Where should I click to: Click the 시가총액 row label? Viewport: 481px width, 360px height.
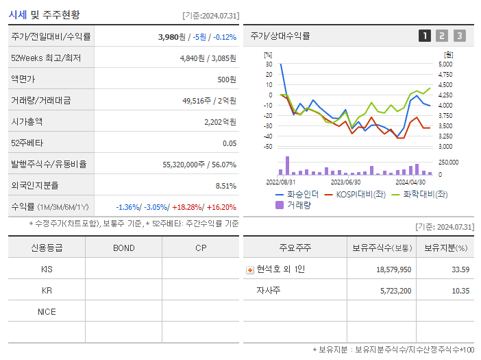coord(27,121)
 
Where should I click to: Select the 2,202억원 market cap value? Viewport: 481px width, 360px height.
coord(220,122)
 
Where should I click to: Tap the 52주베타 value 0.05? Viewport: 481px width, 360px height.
coord(229,143)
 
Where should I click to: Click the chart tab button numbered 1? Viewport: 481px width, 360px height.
coord(425,36)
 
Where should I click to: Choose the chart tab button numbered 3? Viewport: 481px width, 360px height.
coord(459,36)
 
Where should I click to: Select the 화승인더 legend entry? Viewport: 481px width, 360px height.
coord(297,195)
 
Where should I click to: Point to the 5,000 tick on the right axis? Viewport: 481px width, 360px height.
coord(445,64)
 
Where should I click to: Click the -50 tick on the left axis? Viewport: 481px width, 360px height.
coord(268,146)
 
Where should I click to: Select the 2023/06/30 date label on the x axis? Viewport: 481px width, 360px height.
coord(346,182)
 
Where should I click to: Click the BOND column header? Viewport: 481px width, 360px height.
coord(123,248)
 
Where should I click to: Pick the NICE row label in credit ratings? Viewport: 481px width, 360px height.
coord(47,311)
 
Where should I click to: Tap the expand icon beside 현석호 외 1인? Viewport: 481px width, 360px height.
coord(249,269)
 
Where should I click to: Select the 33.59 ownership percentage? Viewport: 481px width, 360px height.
coord(460,269)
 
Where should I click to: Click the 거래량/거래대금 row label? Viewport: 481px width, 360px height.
coord(40,101)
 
